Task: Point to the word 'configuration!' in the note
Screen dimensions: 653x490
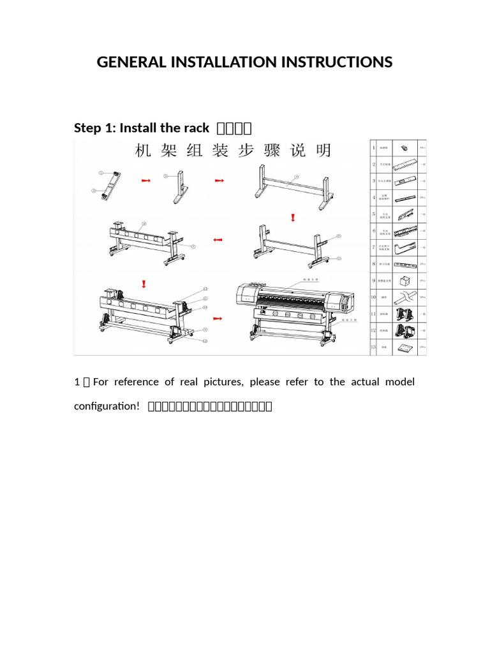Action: tap(107, 406)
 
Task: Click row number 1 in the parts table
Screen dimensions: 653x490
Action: tap(374, 148)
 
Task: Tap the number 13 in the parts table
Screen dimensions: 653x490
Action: tap(374, 347)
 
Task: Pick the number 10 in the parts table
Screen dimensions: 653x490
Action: tap(374, 297)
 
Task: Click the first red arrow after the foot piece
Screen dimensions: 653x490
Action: tap(145, 181)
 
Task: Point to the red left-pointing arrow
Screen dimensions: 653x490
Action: tap(218, 240)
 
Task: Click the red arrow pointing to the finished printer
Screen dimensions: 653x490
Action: tap(218, 317)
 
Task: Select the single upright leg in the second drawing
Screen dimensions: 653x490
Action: tap(179, 186)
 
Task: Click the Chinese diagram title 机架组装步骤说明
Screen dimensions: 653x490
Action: tap(233, 151)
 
